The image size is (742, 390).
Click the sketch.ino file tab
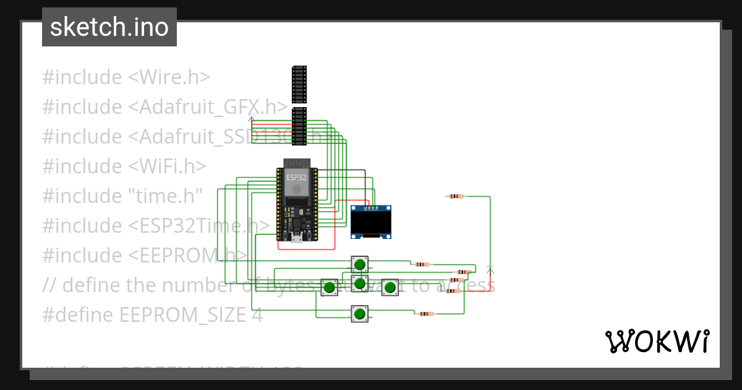pyautogui.click(x=109, y=27)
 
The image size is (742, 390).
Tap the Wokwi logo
pyautogui.click(x=657, y=341)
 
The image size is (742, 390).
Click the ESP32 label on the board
pyautogui.click(x=296, y=177)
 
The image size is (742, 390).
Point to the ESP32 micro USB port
pyautogui.click(x=296, y=239)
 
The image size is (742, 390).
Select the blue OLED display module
pyautogui.click(x=371, y=222)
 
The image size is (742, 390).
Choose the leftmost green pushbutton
pyautogui.click(x=330, y=287)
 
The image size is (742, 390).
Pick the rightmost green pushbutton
pyautogui.click(x=390, y=287)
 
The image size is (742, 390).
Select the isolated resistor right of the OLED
pyautogui.click(x=456, y=196)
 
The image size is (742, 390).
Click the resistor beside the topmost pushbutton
pyautogui.click(x=422, y=264)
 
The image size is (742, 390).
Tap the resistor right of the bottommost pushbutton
pyautogui.click(x=425, y=314)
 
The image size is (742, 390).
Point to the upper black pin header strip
pyautogui.click(x=299, y=84)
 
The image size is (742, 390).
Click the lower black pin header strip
pyautogui.click(x=299, y=126)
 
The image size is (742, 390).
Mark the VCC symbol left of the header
pyautogui.click(x=251, y=117)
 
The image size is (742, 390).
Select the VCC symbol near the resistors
pyautogui.click(x=490, y=269)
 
